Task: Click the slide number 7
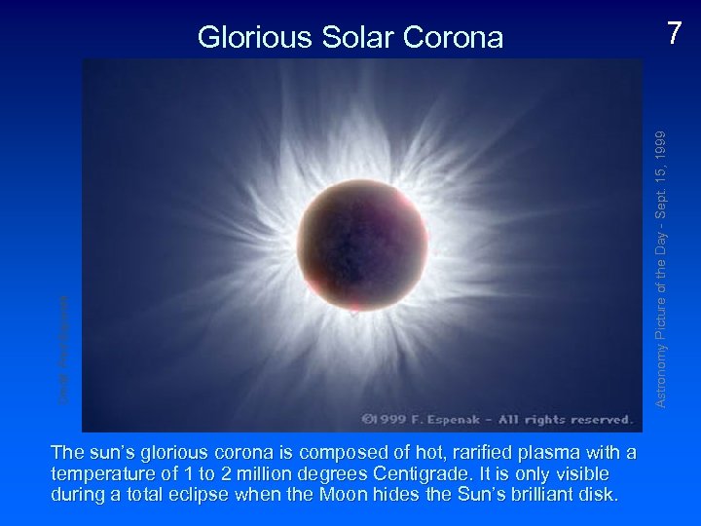(674, 34)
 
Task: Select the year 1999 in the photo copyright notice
(393, 420)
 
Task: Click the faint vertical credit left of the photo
(63, 351)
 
